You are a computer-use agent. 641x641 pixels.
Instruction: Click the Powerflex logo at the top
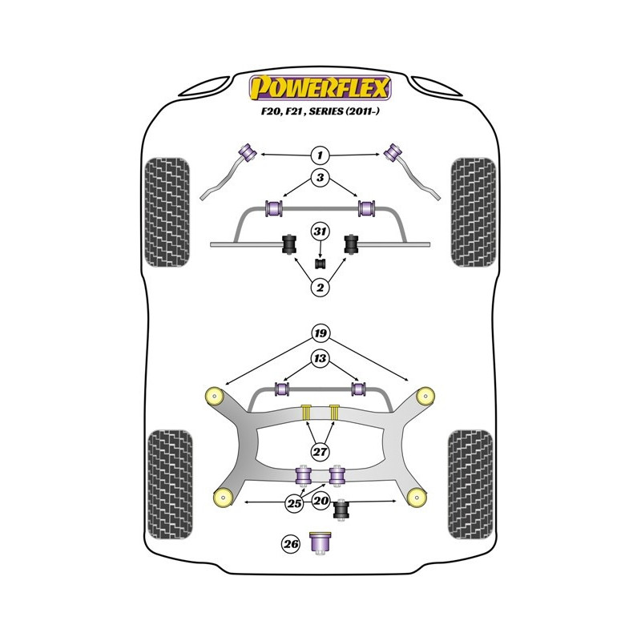pyautogui.click(x=320, y=87)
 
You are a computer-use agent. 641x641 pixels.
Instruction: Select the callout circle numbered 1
pyautogui.click(x=320, y=154)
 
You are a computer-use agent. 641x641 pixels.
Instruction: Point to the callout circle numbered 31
pyautogui.click(x=320, y=232)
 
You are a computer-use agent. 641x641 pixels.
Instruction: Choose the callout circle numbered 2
pyautogui.click(x=320, y=288)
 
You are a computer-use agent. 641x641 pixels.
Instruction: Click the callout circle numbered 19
pyautogui.click(x=320, y=333)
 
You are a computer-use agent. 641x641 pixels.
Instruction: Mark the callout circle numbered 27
pyautogui.click(x=320, y=452)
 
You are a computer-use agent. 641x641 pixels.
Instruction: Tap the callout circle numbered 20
pyautogui.click(x=321, y=502)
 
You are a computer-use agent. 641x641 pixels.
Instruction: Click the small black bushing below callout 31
pyautogui.click(x=320, y=262)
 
